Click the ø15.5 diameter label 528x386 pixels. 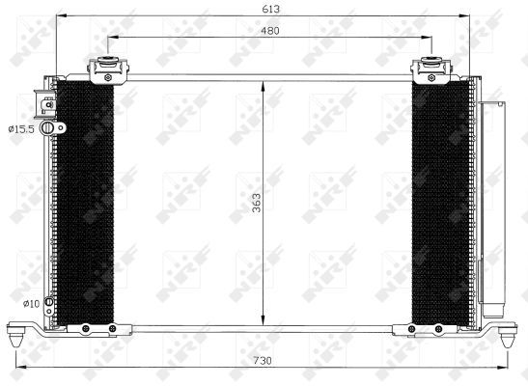pyautogui.click(x=20, y=127)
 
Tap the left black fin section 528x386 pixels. pyautogui.click(x=85, y=203)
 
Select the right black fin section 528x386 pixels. pyautogui.click(x=440, y=203)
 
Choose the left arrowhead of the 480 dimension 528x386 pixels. pyautogui.click(x=109, y=39)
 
